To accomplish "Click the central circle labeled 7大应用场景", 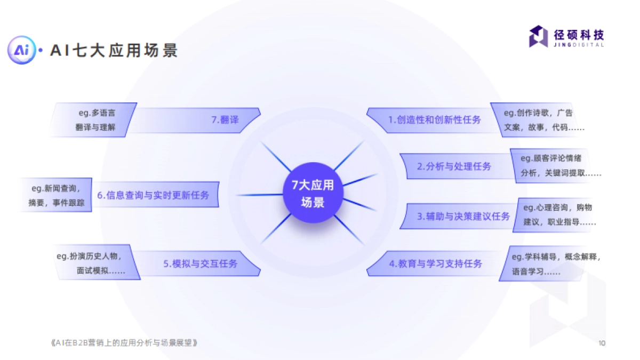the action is pos(313,193).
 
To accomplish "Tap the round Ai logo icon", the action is pos(21,51).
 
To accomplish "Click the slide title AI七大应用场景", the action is pos(114,51).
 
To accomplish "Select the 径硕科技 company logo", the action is pos(566,37).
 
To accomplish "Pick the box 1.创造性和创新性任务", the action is pos(434,120).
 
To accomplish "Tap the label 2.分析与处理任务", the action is pos(454,166).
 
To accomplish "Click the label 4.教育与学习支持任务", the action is pos(435,263).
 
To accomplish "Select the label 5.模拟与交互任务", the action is pos(201,263).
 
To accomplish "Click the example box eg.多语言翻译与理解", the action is pos(95,120).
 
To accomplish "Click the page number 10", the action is pos(602,343).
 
